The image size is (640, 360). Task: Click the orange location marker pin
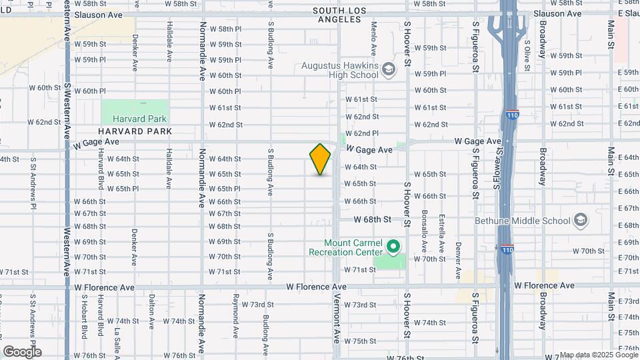coord(320,159)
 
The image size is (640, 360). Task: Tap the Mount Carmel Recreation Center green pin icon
coord(393,247)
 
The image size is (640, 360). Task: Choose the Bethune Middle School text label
coord(523,221)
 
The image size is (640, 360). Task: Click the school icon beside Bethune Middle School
coord(580,221)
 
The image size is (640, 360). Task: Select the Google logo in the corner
coord(22,351)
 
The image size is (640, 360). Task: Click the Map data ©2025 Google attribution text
coord(597,355)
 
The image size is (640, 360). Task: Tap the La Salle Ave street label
coord(116,332)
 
